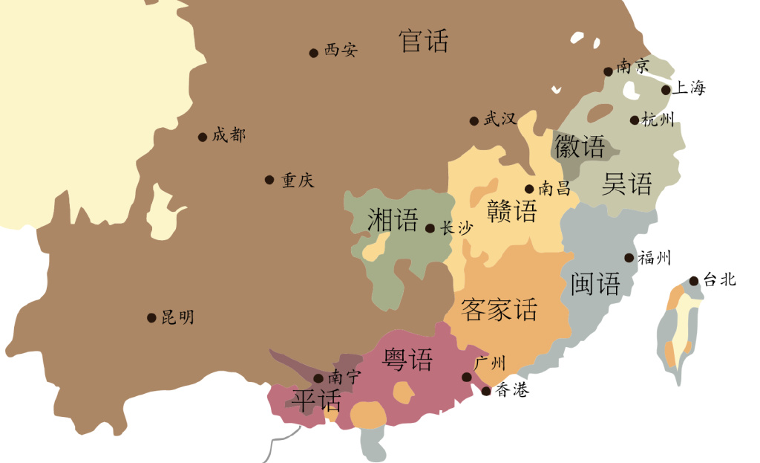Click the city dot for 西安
click(x=314, y=53)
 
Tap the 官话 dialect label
click(x=424, y=41)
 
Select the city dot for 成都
click(x=202, y=137)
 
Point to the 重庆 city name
click(x=298, y=181)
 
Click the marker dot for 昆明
click(x=151, y=318)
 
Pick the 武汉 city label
click(x=500, y=119)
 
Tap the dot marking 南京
click(x=608, y=71)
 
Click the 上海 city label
click(x=688, y=88)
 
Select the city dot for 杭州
click(x=635, y=120)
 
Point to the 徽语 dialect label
click(x=580, y=147)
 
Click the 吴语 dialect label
click(x=627, y=184)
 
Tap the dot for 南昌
click(x=529, y=190)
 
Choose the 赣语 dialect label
click(x=512, y=212)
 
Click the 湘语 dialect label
click(x=393, y=220)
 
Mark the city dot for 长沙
click(x=430, y=229)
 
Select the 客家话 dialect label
click(x=499, y=310)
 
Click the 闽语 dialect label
click(x=596, y=283)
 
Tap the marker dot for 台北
click(x=693, y=281)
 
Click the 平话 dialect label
click(x=317, y=401)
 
